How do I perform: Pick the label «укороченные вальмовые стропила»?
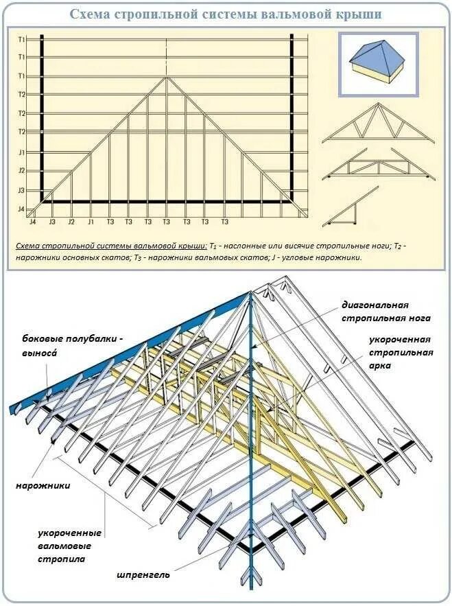click(x=69, y=546)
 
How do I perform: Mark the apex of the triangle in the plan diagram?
click(x=167, y=76)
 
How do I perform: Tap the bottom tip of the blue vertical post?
click(x=252, y=587)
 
